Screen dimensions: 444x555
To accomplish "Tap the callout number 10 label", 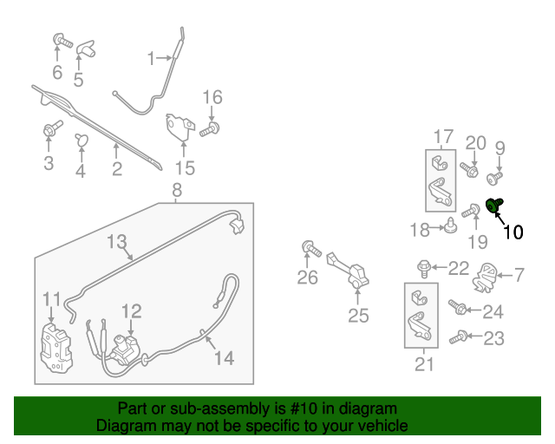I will [513, 232].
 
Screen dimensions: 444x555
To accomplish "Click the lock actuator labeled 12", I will [126, 348].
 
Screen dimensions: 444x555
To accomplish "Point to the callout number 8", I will [176, 190].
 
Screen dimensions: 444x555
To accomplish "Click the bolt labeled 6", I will [60, 40].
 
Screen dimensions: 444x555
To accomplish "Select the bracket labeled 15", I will [180, 127].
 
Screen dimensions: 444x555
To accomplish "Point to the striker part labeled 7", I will [487, 277].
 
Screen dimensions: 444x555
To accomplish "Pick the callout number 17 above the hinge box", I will [442, 136].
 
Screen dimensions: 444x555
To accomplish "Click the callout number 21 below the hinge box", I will [423, 364].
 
